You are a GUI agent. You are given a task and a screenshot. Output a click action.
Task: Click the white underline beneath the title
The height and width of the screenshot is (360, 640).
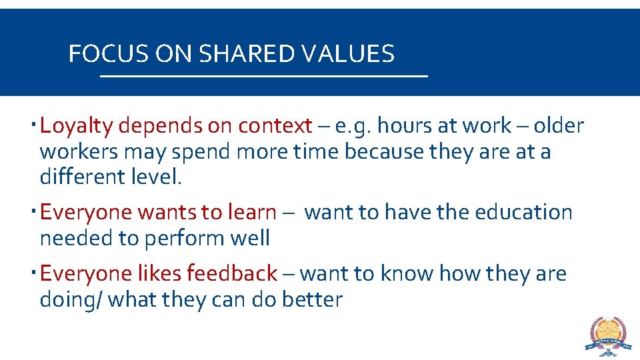(x=263, y=77)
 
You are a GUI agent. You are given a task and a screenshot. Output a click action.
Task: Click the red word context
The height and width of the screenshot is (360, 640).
(x=275, y=125)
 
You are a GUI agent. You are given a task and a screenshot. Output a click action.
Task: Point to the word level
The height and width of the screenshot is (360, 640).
(x=158, y=177)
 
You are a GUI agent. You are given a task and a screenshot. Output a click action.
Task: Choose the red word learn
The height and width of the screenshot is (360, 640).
(x=251, y=212)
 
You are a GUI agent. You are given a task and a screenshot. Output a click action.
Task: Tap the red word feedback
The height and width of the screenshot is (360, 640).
(x=231, y=273)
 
